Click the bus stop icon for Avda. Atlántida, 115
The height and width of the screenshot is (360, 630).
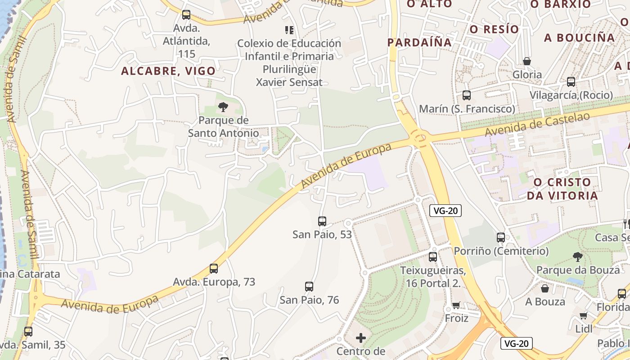coord(186,15)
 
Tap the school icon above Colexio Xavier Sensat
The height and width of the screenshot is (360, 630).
coord(289,30)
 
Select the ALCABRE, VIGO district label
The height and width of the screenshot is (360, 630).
coord(168,71)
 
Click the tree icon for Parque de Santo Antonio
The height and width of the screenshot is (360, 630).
coord(223,107)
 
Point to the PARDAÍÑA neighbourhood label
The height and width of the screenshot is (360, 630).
coord(419,42)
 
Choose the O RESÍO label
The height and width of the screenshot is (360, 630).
coord(494,29)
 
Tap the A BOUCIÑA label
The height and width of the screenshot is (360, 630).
coord(579,38)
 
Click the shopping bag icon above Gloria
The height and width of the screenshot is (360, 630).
coord(527,61)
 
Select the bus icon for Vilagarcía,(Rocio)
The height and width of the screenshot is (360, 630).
coord(571,82)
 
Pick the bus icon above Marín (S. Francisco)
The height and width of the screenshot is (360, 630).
coord(467,95)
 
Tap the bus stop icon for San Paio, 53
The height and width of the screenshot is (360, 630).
coord(322,221)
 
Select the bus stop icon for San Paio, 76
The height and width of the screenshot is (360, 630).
coord(309,287)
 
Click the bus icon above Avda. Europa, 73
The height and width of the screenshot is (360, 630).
coord(214,269)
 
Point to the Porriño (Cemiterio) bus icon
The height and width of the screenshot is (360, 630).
coord(501,238)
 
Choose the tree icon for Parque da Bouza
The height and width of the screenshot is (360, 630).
coord(578,257)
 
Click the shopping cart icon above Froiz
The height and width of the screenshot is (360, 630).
coord(456,306)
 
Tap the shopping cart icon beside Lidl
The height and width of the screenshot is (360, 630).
coord(584,315)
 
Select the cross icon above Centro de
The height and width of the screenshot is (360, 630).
coord(361,337)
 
